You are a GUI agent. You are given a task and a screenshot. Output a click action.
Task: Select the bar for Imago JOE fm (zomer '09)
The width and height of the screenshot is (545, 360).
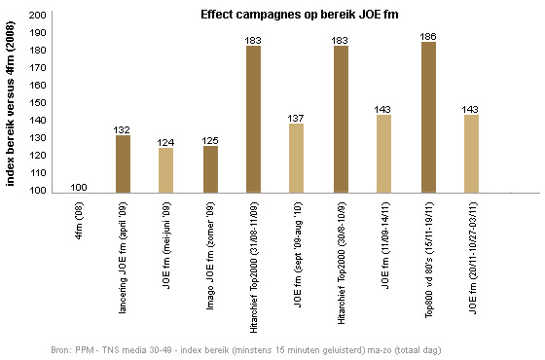(x=210, y=169)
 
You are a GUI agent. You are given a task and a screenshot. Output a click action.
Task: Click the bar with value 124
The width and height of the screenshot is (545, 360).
(x=166, y=170)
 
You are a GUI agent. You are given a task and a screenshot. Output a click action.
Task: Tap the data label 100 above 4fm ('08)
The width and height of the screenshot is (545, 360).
(x=79, y=187)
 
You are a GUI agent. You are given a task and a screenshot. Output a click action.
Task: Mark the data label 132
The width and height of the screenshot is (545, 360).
(x=123, y=130)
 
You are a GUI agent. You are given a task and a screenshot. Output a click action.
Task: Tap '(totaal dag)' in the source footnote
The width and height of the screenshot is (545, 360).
(x=418, y=348)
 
